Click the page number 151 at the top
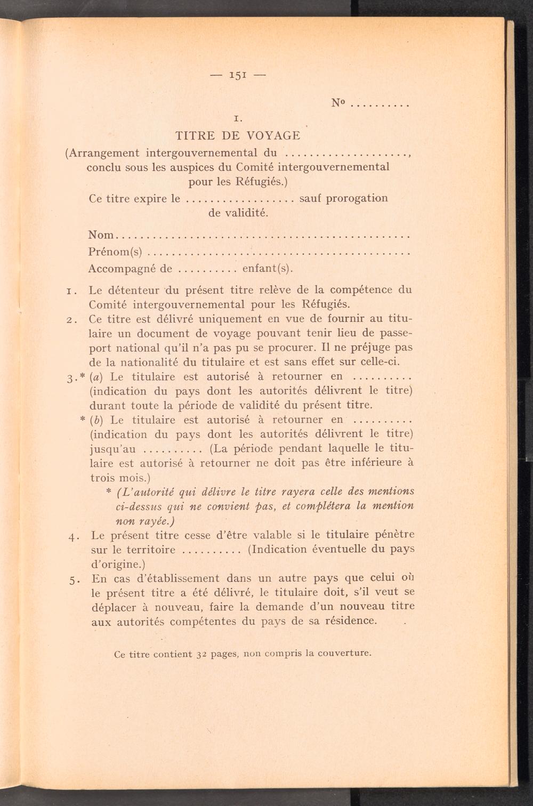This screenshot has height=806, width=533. (x=237, y=75)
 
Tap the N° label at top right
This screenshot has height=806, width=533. (x=338, y=103)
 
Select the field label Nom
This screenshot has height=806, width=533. (x=101, y=235)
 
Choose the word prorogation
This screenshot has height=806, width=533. (x=357, y=198)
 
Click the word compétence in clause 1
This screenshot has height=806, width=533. (x=361, y=291)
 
